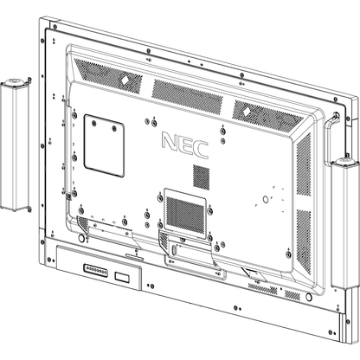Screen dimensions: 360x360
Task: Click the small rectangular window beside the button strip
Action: (125, 277)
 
